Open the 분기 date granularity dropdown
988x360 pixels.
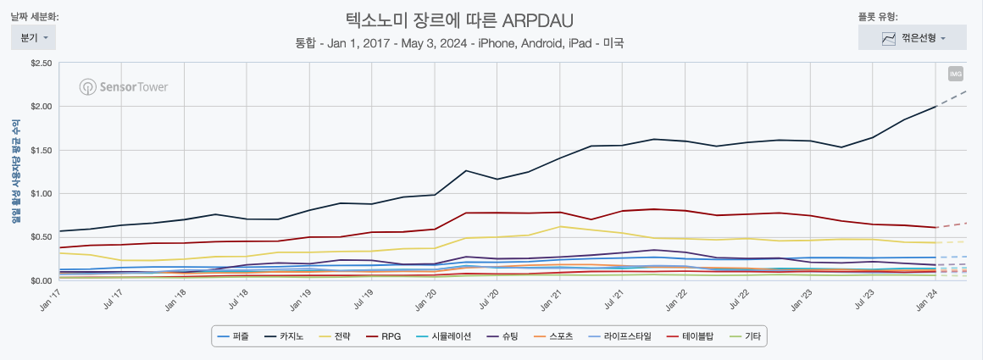click(33, 38)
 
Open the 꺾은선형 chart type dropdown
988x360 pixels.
click(913, 38)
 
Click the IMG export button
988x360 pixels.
click(955, 74)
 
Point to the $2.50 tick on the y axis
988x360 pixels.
click(41, 64)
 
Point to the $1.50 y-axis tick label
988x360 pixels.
click(41, 150)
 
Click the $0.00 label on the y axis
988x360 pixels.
click(41, 280)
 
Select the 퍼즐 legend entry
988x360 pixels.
click(236, 336)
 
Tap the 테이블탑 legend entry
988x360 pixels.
click(691, 336)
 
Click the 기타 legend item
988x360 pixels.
click(745, 336)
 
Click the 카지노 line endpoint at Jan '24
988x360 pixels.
click(935, 106)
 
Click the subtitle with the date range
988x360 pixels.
click(459, 42)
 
